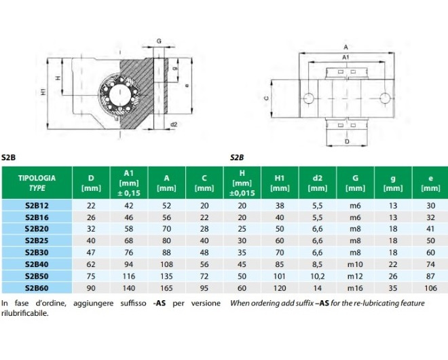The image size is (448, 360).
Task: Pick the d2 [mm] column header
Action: [x=318, y=183]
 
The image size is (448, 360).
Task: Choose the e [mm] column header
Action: [x=430, y=183]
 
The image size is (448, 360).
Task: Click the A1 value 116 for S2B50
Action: [x=129, y=276]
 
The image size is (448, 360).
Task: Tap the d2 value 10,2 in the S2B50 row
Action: [x=318, y=276]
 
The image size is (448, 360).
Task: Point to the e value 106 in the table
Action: [x=430, y=287]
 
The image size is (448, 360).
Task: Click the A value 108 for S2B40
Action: [x=166, y=264]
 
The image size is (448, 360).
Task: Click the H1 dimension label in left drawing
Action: [x=43, y=90]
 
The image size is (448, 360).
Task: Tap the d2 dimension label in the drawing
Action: [x=174, y=124]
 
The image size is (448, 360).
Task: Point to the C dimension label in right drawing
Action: [x=266, y=98]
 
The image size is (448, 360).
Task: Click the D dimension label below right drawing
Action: [x=347, y=143]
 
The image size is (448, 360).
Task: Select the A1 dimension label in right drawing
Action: [x=346, y=58]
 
